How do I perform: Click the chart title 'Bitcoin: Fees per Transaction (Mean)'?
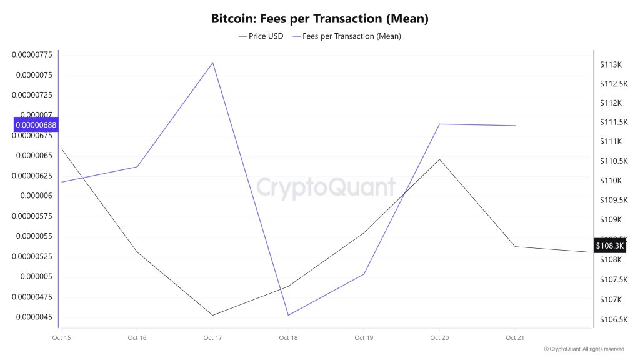(320, 19)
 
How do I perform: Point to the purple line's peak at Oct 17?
(213, 62)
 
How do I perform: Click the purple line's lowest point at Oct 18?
(288, 315)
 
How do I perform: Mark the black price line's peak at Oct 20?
(439, 159)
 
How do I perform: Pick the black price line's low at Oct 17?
(212, 315)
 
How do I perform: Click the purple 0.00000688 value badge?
(36, 125)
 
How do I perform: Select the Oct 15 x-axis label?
(61, 338)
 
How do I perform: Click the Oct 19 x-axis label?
(364, 338)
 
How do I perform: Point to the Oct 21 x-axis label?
(514, 338)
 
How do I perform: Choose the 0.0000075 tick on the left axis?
(32, 75)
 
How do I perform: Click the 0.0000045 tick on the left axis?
(32, 317)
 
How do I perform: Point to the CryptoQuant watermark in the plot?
(326, 187)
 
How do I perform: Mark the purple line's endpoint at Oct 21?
(514, 126)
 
